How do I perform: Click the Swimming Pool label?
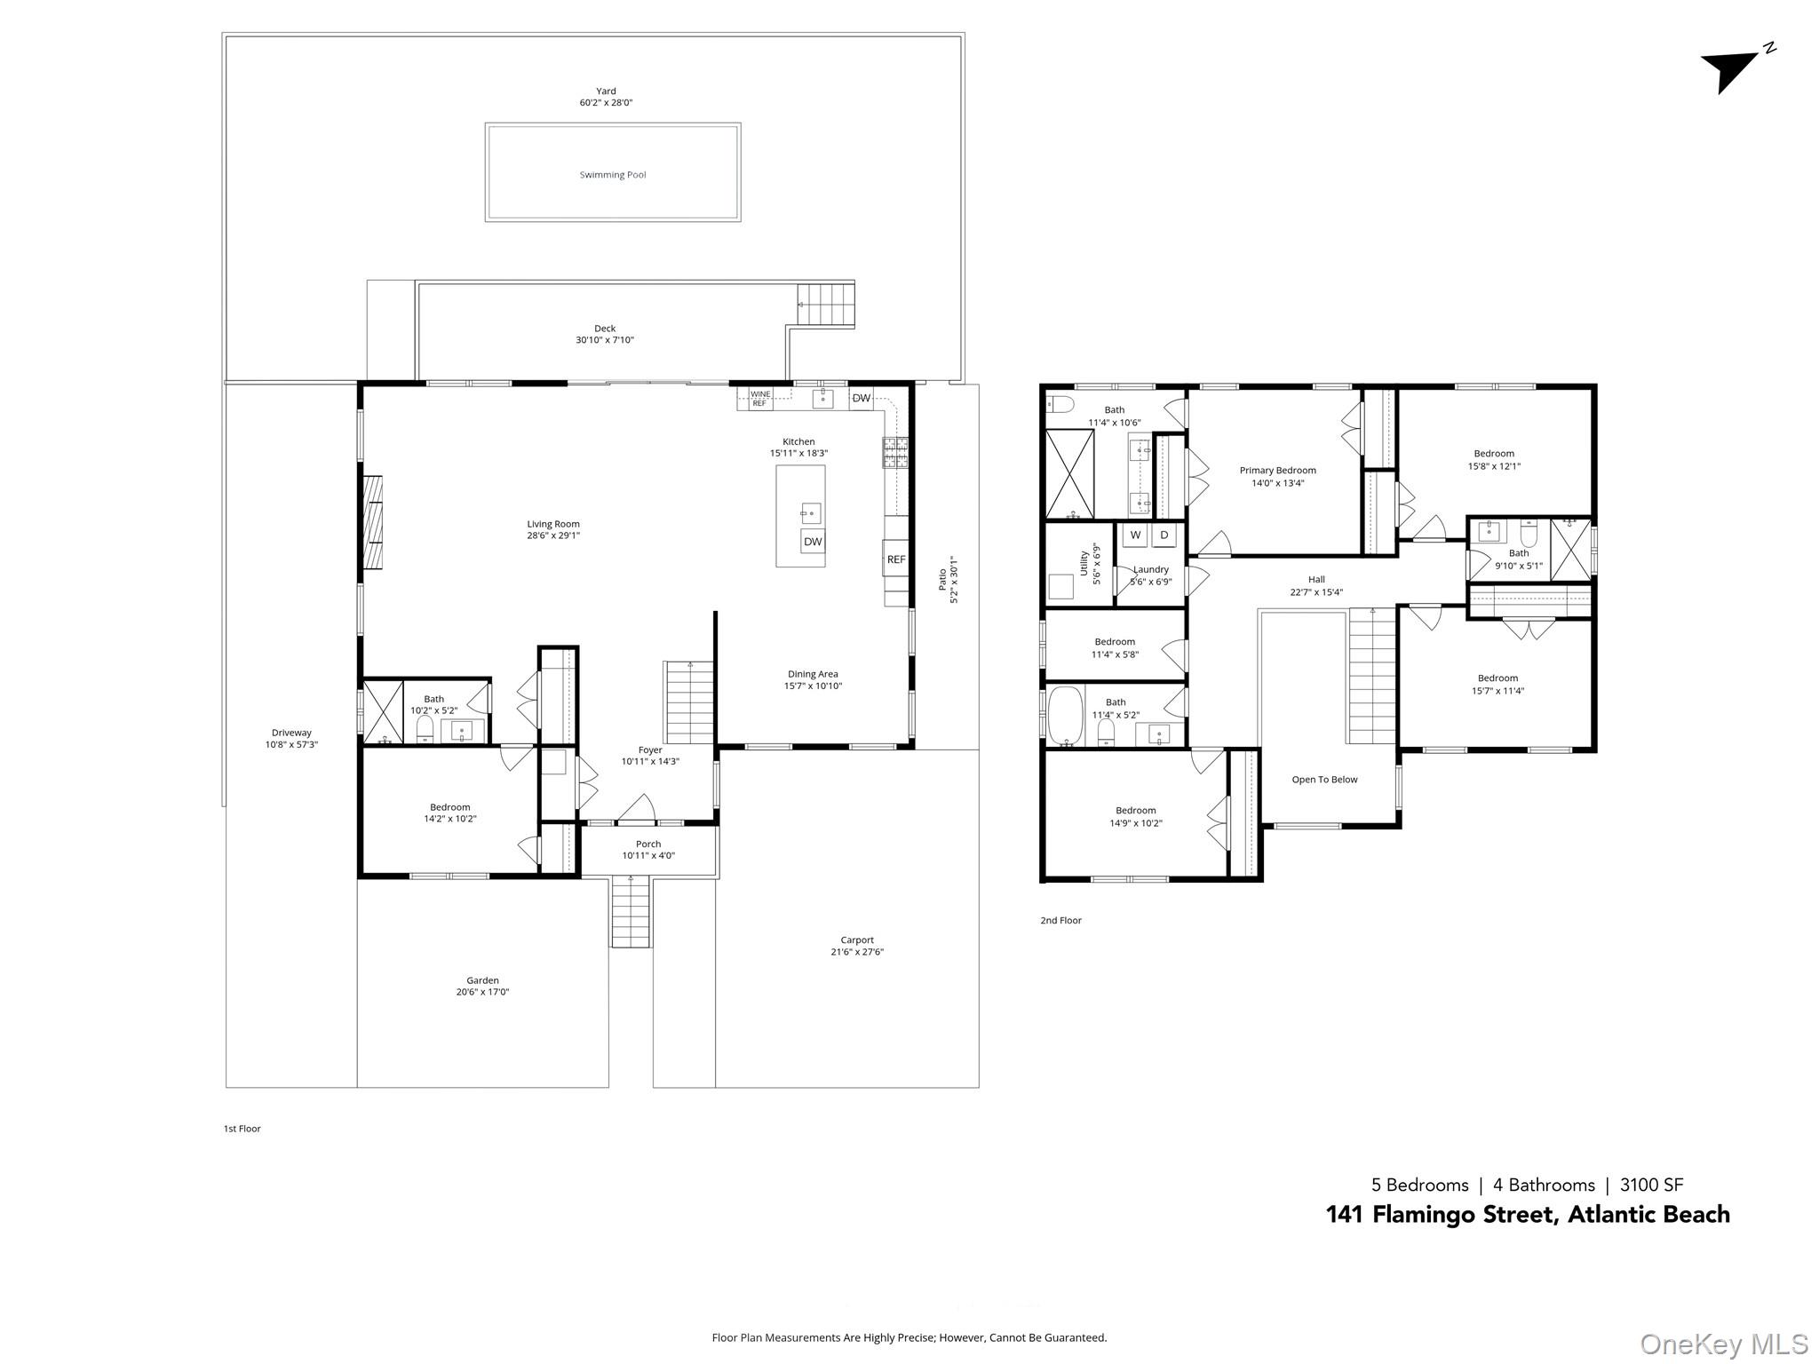pos(613,175)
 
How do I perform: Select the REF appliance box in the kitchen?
pos(896,559)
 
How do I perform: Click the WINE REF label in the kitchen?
pos(760,399)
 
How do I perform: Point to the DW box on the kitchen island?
pos(813,542)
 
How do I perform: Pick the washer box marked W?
pos(1135,535)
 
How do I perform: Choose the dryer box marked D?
pos(1164,535)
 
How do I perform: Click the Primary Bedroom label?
pos(1277,471)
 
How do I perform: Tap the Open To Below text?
pos(1324,780)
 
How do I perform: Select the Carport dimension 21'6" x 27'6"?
pos(851,952)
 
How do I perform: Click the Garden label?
pos(482,980)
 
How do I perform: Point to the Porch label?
pos(648,845)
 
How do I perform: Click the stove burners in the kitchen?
pos(895,452)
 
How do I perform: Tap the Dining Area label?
pos(813,674)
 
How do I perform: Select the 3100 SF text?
pos(1651,1185)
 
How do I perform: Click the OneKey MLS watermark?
pos(1723,1344)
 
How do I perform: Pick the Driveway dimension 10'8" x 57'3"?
pos(291,744)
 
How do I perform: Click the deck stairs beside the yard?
pos(825,304)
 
